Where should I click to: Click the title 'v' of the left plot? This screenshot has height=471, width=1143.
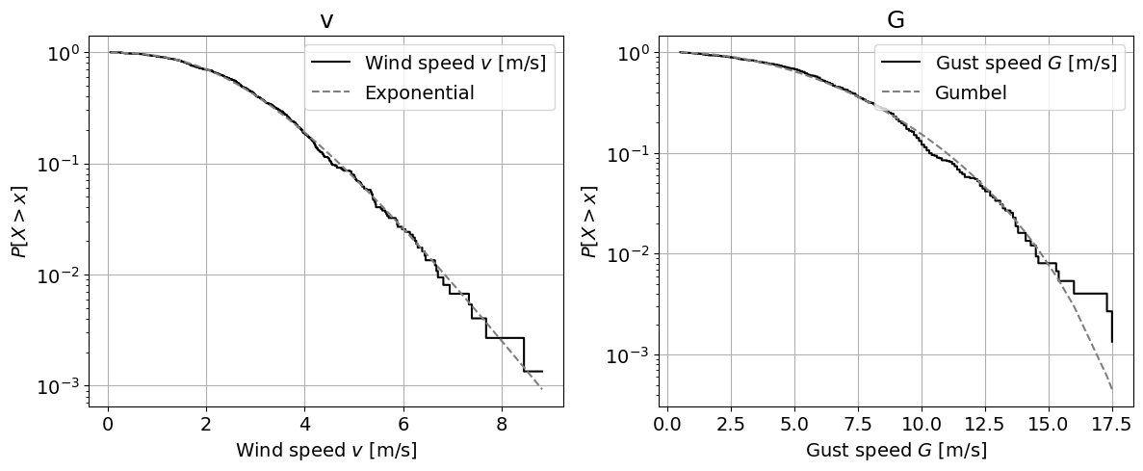[x=326, y=20]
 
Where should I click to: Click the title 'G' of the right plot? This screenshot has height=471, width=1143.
[x=896, y=20]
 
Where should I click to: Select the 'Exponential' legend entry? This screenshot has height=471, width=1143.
[x=419, y=93]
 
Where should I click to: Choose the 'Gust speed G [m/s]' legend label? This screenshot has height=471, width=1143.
[x=1026, y=65]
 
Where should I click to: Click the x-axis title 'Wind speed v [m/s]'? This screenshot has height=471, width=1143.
[x=326, y=450]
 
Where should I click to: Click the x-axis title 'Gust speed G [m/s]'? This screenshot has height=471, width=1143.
[x=896, y=450]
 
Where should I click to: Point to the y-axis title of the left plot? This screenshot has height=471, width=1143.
[x=19, y=221]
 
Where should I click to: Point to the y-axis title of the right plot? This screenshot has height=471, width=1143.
[x=588, y=221]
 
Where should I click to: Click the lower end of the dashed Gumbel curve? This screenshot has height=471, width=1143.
[x=1112, y=389]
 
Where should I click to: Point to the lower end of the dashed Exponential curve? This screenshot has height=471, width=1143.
[x=542, y=388]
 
